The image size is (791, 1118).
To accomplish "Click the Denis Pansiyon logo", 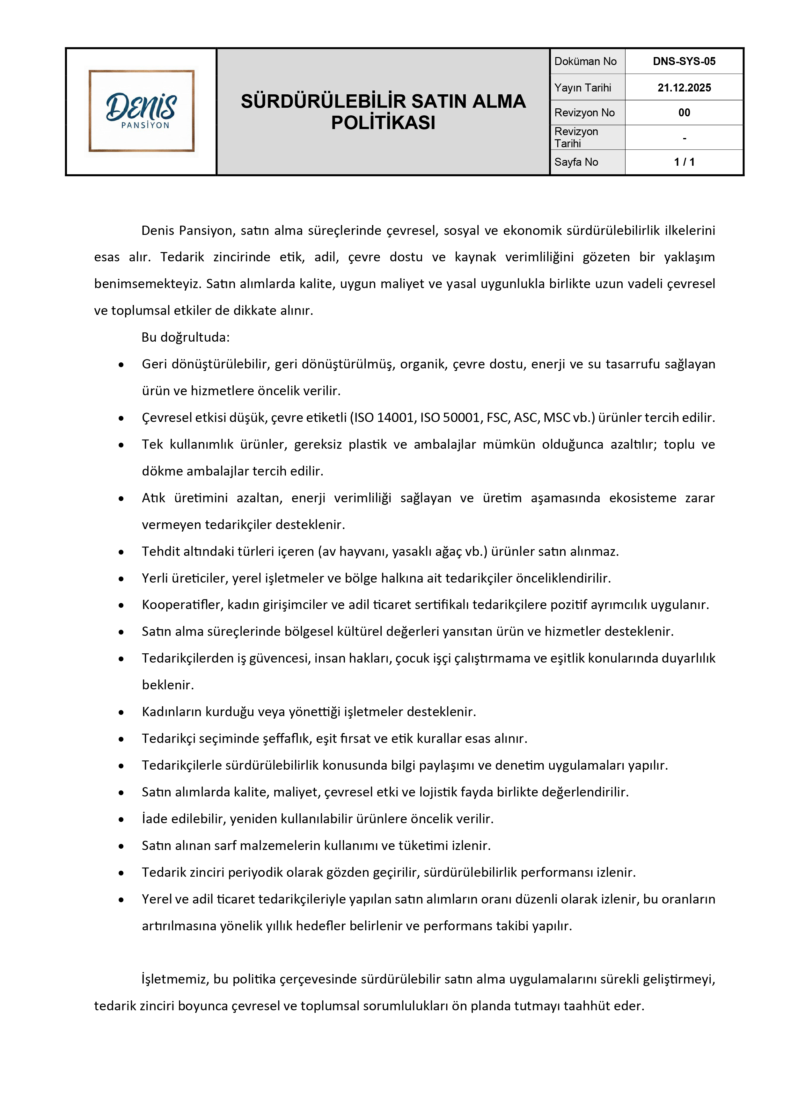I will (141, 111).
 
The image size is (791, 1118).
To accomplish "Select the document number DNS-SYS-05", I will (684, 62).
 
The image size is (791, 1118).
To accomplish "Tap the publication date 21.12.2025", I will (684, 88).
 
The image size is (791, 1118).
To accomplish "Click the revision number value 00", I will (684, 113).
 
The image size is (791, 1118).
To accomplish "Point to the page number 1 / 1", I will (684, 162).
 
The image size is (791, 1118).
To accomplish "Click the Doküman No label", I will (585, 62).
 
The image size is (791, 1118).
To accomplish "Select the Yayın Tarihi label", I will (582, 88).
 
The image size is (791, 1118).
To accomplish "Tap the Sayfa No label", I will (576, 162).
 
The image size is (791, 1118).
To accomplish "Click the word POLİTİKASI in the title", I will (383, 123).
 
